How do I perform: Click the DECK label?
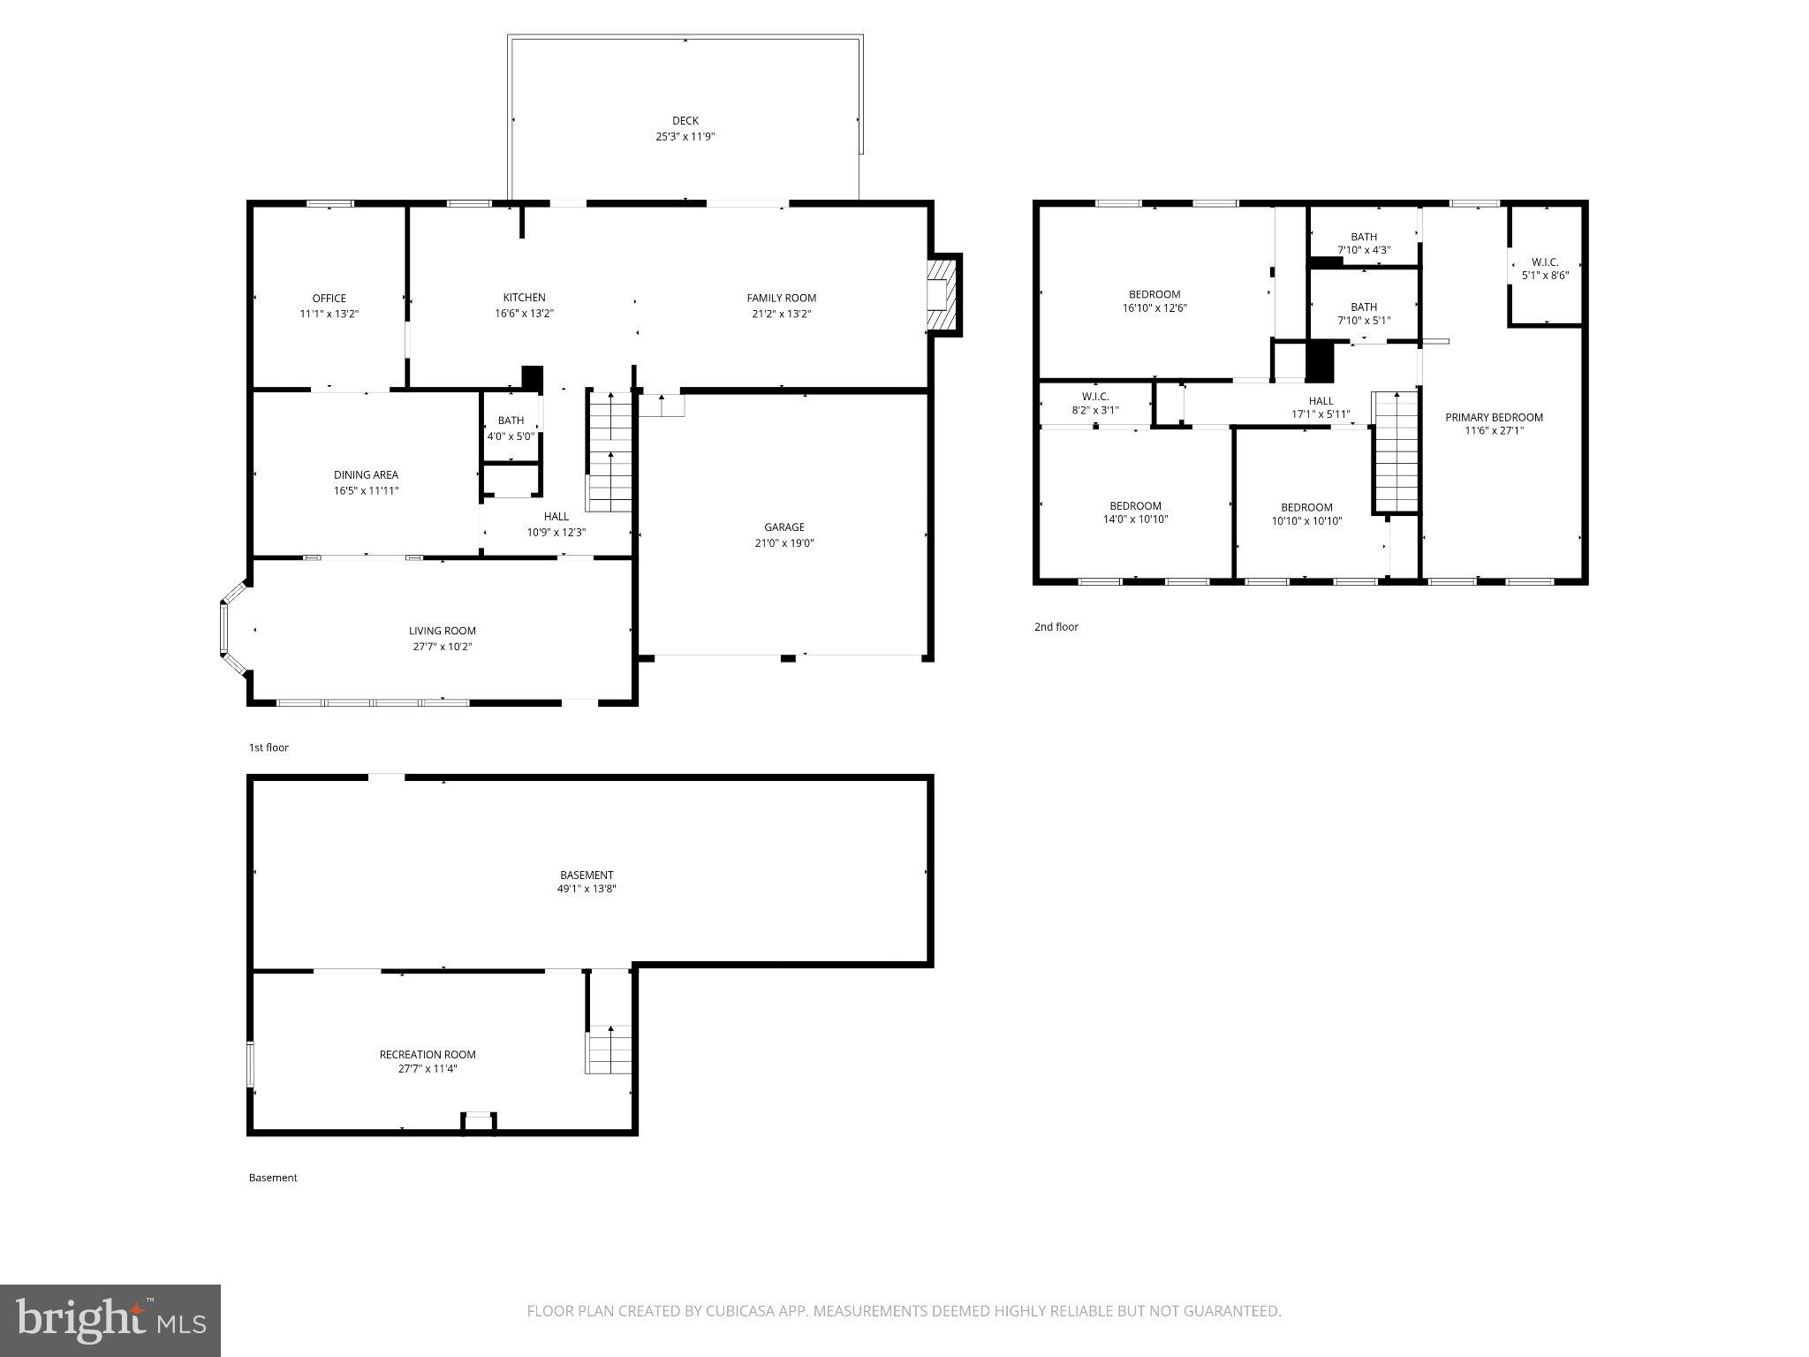click(x=685, y=121)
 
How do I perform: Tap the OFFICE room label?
click(x=329, y=298)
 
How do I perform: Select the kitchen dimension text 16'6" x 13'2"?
click(x=524, y=314)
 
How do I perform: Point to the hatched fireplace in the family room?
click(x=943, y=295)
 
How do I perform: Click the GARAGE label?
click(x=783, y=527)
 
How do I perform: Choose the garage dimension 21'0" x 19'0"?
click(x=783, y=543)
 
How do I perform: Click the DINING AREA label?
click(x=366, y=474)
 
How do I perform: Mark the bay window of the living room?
click(x=231, y=629)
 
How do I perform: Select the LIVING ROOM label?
click(x=442, y=631)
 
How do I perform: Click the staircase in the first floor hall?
click(x=609, y=451)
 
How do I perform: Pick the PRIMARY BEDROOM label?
click(x=1493, y=417)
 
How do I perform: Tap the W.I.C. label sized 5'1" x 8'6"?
click(x=1545, y=269)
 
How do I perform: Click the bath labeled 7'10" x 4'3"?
click(x=1363, y=243)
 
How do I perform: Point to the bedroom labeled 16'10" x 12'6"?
click(x=1154, y=300)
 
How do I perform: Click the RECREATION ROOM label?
click(x=428, y=1054)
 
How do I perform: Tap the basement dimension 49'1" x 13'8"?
click(x=586, y=890)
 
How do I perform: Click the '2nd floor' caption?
click(x=1056, y=627)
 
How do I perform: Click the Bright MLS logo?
click(x=110, y=1320)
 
